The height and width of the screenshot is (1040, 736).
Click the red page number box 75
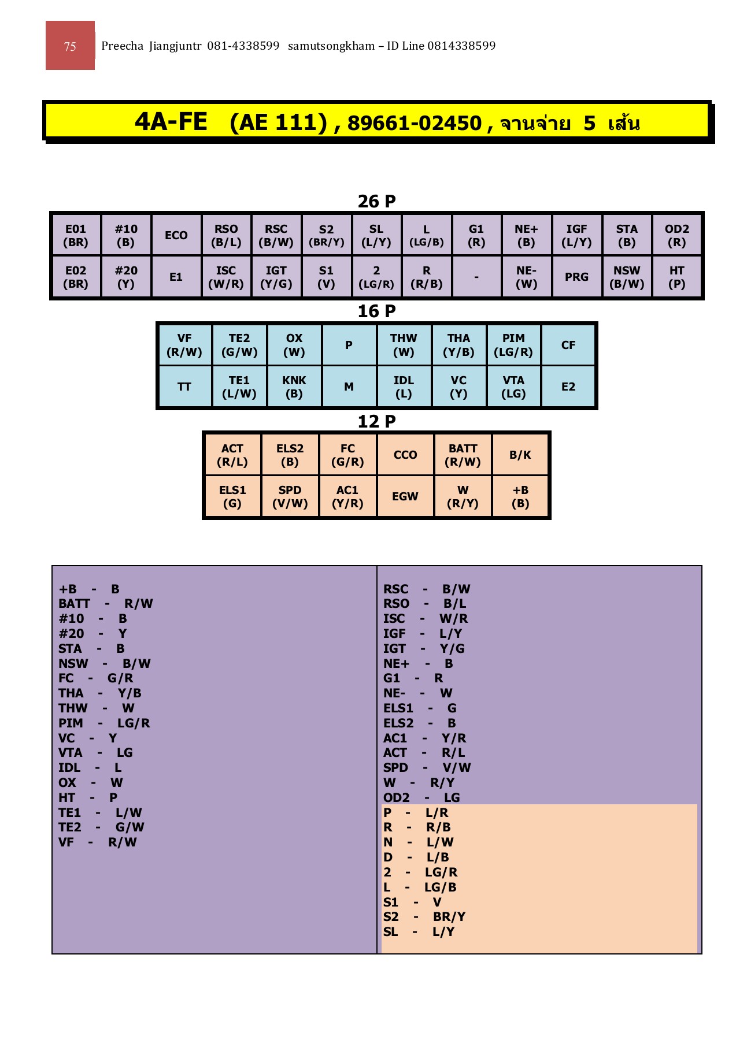pos(70,46)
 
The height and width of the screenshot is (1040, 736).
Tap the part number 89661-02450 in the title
pos(414,123)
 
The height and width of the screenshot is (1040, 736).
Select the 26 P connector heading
pos(376,201)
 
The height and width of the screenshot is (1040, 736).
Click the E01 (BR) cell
pos(76,235)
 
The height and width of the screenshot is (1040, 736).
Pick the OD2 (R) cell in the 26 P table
pos(676,235)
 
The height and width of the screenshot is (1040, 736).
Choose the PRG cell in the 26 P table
pos(576,277)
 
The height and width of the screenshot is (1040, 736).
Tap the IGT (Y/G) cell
pos(276,277)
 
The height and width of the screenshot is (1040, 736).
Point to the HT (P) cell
pos(676,277)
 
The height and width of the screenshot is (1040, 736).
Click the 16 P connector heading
pos(376,311)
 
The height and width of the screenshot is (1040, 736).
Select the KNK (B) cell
pos(294,387)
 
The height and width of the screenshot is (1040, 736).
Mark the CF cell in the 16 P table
pos(568,345)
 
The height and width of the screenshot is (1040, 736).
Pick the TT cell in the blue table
pos(184,387)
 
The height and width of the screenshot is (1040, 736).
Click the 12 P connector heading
pos(376,421)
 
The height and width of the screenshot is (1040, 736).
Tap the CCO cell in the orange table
pos(405,455)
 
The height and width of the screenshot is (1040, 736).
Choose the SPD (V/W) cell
pos(290,496)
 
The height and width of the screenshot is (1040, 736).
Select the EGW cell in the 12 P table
pos(405,496)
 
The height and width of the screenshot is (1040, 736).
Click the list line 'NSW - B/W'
pos(104,663)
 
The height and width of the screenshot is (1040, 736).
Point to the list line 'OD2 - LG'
pos(421,797)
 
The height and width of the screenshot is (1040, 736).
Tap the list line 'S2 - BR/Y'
pos(424,916)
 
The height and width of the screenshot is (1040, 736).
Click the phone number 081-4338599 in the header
pos(243,46)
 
